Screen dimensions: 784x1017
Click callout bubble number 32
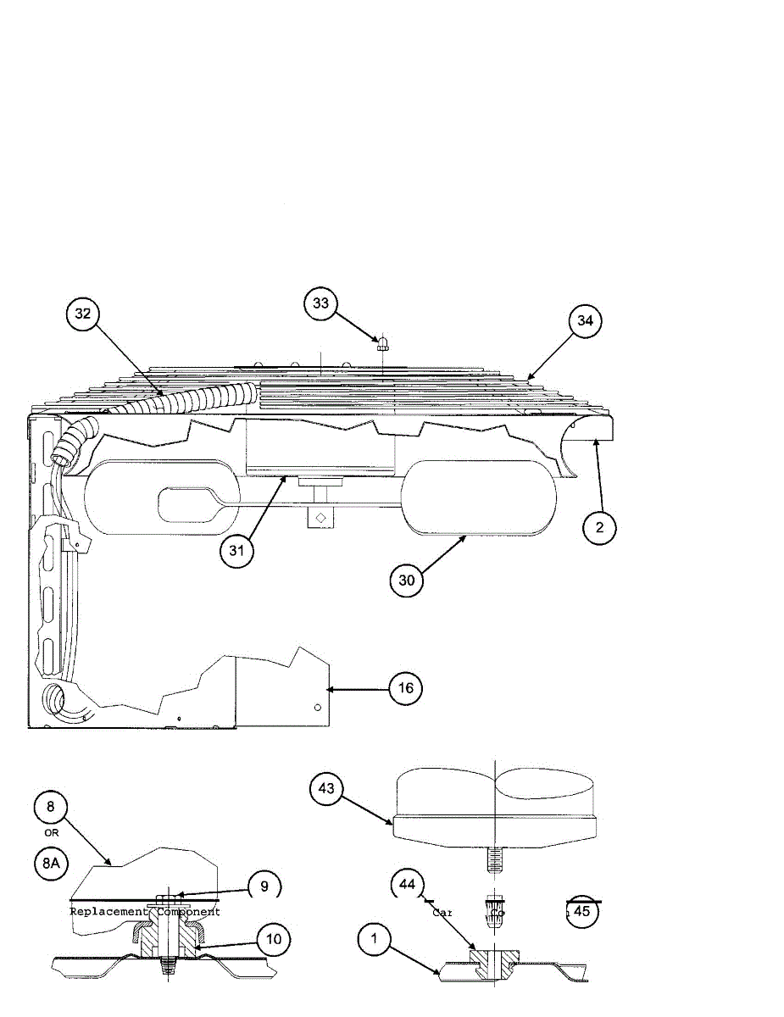pos(82,314)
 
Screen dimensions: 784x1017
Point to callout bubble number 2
pos(599,527)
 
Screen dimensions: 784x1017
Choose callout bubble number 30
pos(407,580)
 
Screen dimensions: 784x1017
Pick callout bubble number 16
pos(406,688)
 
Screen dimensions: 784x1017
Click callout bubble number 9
pos(264,886)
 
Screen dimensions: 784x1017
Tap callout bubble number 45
pos(582,911)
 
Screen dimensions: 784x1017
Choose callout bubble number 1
pos(374,940)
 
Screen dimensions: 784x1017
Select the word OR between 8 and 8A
pos(50,833)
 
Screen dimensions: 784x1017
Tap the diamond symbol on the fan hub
pos(320,517)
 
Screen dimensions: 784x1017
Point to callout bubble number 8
pos(50,807)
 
